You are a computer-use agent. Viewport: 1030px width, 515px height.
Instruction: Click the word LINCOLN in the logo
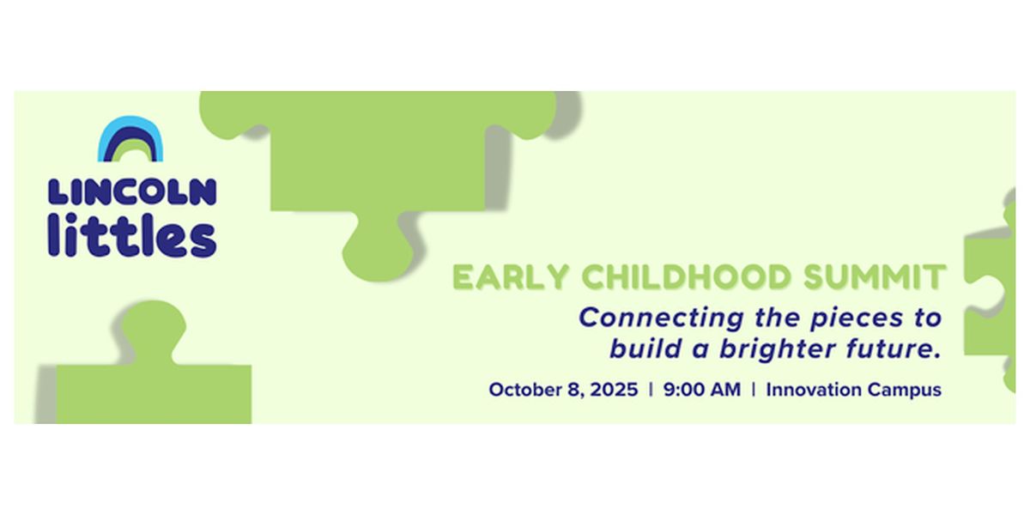(132, 191)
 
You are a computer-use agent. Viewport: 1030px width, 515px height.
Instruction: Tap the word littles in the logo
(132, 234)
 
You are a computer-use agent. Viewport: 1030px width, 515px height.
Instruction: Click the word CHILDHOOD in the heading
(686, 276)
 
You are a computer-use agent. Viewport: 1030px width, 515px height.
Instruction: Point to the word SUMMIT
(875, 276)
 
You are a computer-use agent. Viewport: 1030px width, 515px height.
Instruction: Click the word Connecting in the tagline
(661, 318)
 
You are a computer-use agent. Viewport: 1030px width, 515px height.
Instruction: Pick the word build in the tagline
(645, 348)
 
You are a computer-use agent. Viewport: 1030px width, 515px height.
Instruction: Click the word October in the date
(524, 390)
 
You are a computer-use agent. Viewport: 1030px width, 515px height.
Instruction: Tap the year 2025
(614, 390)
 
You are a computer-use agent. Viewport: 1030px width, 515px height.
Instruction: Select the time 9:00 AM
(702, 390)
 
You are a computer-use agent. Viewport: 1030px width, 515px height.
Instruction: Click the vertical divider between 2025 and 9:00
(651, 390)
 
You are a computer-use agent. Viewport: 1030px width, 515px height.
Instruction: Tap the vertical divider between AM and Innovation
(754, 390)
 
